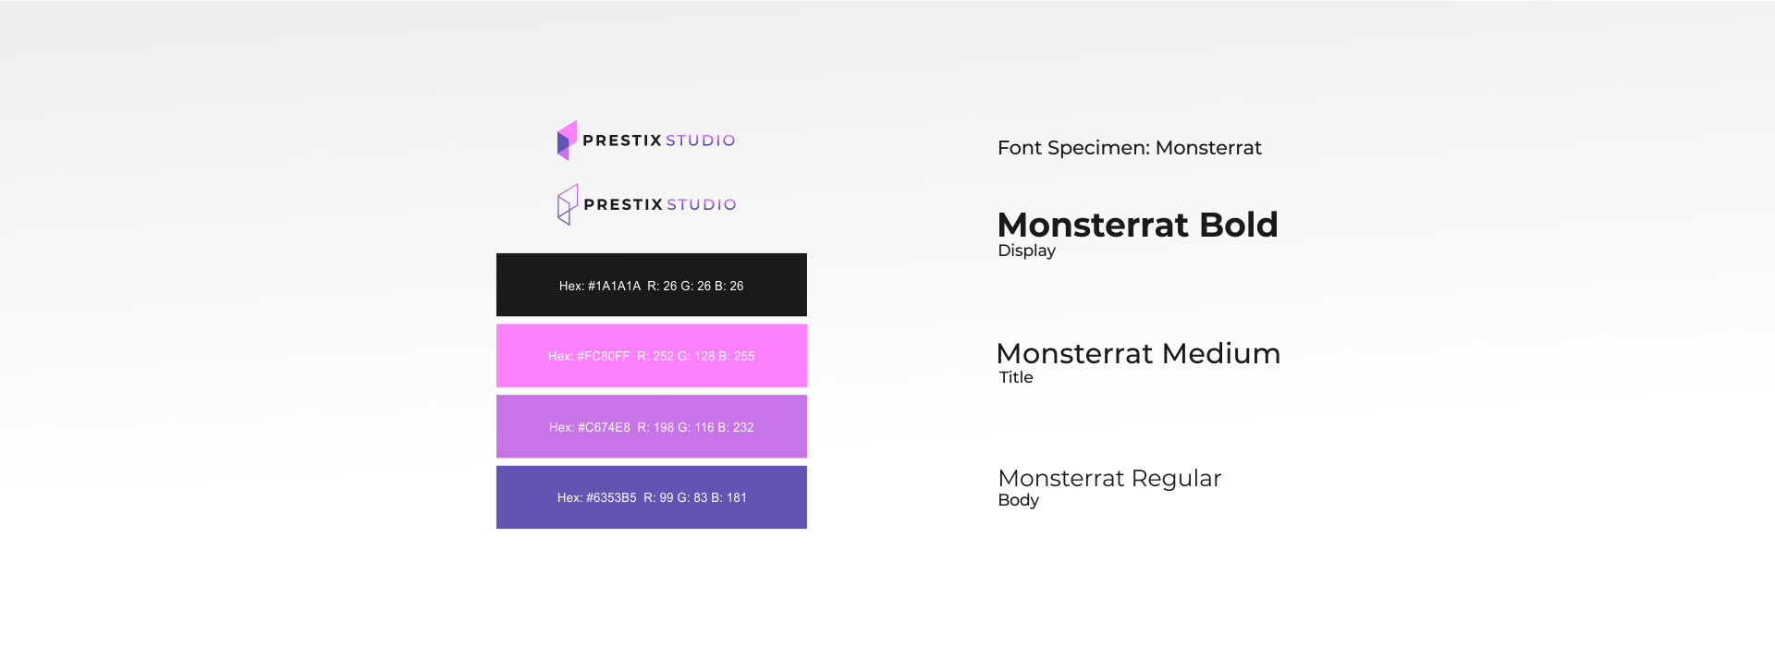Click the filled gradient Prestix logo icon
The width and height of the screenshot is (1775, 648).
tap(567, 141)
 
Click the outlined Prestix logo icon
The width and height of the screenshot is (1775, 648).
tap(568, 204)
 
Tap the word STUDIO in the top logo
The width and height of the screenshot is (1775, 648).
tap(701, 141)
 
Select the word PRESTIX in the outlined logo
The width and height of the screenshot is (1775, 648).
tap(623, 204)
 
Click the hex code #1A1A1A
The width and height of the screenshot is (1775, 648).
tap(614, 287)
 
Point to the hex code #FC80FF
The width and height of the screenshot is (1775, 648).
tap(603, 356)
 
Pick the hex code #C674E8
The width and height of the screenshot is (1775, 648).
tap(604, 427)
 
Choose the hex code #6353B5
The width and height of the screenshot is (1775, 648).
tap(611, 497)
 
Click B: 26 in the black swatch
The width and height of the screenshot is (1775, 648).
tap(728, 287)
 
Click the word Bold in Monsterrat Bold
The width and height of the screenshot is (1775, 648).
tap(1239, 225)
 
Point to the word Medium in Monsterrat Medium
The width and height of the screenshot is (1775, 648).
tap(1221, 353)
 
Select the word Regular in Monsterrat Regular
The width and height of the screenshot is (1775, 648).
tap(1176, 479)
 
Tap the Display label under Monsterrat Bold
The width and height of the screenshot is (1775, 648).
tap(1026, 251)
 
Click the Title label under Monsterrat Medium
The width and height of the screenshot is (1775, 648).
tap(1016, 377)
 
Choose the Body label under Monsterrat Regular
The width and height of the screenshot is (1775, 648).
tap(1018, 500)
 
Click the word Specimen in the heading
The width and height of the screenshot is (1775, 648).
tap(1098, 148)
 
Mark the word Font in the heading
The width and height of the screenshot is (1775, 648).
tap(1020, 148)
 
